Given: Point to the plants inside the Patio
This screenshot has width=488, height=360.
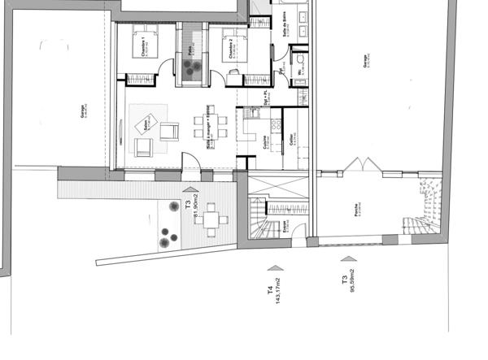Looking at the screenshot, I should tap(193, 69).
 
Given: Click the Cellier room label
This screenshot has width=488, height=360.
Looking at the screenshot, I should tap(290, 141).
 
